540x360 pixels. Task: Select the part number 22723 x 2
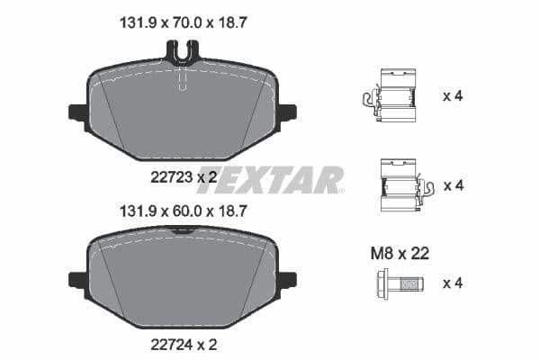(x=183, y=178)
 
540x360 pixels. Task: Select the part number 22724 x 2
(x=183, y=343)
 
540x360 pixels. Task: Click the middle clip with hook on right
(x=401, y=185)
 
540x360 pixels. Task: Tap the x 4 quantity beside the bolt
(x=452, y=283)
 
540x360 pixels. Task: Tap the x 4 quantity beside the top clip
(x=452, y=94)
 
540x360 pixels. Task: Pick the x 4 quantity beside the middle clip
(x=452, y=185)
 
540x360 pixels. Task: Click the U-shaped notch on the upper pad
(x=183, y=55)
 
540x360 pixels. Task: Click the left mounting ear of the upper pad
(x=77, y=112)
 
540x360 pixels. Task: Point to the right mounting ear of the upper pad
(x=287, y=112)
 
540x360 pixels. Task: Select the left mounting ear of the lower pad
(x=77, y=279)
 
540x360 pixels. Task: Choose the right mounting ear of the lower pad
(x=287, y=279)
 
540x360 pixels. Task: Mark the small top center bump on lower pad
(x=183, y=230)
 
